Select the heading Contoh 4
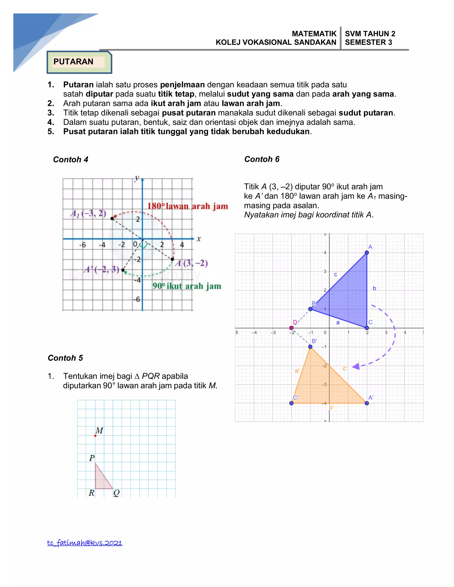[70, 159]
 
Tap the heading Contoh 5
[65, 358]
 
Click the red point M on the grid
[95, 436]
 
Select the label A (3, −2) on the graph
[191, 263]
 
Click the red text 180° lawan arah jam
[188, 206]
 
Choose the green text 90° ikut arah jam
[187, 286]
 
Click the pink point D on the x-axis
[291, 328]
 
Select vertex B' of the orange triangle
[310, 347]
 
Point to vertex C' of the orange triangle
[292, 403]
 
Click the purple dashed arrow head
[356, 366]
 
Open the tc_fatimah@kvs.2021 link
[85, 543]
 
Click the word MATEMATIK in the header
[314, 34]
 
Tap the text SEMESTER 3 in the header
[368, 42]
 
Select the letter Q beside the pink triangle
[116, 493]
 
